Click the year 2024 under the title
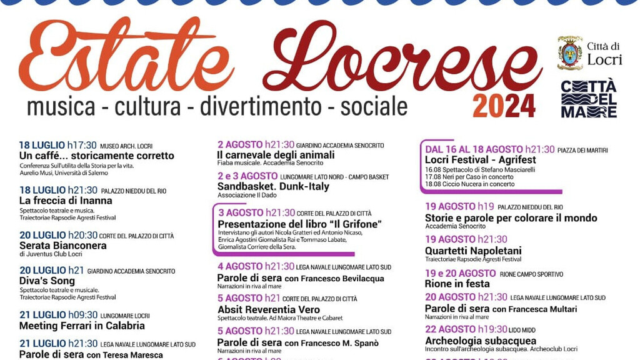point(504,106)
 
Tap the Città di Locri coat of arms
point(569,53)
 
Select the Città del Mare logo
point(588,99)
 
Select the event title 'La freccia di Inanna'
point(66,201)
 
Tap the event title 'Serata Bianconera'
point(62,246)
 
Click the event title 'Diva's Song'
point(47,281)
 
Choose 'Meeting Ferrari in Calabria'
point(82,326)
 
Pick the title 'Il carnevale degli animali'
point(276,154)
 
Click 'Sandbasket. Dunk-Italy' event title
point(273,186)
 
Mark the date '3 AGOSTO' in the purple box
point(241,212)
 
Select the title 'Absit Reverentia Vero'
point(268,309)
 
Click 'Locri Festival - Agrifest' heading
point(480,160)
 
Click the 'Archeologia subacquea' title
point(481,341)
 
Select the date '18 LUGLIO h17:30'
point(57,146)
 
